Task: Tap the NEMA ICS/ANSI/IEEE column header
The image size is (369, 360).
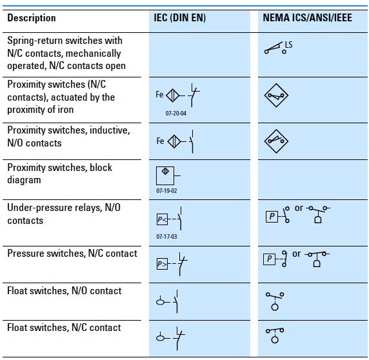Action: point(307,18)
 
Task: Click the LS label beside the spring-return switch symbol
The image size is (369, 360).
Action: point(288,44)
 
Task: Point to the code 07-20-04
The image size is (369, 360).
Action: point(167,112)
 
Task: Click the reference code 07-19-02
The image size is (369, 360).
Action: point(167,192)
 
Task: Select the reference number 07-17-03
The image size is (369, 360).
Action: point(167,237)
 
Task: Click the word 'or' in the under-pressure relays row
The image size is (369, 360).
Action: point(298,208)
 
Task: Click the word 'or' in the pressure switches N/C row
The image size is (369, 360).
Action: point(297,254)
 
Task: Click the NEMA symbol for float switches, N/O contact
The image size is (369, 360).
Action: point(275,300)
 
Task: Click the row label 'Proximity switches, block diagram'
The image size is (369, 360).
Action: point(59,174)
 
